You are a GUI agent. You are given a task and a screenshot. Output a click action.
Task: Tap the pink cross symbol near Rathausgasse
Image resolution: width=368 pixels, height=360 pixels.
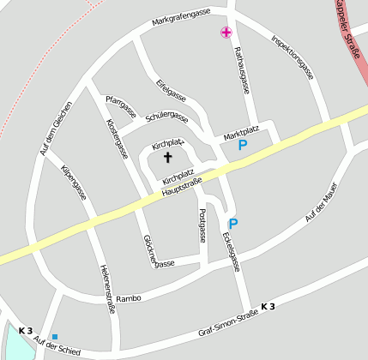point(226,33)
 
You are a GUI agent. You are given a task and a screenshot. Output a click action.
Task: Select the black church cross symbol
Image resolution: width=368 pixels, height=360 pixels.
point(167,157)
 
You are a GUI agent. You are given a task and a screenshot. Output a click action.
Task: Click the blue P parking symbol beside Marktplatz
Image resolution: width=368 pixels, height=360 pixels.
point(243,147)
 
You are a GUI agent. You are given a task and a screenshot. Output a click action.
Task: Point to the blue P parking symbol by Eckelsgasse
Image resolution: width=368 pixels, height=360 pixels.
point(232,224)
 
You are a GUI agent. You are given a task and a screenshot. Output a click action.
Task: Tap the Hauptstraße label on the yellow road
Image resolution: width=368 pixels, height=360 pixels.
point(181,189)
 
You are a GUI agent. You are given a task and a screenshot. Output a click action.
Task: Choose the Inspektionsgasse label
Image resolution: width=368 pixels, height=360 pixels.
point(293,57)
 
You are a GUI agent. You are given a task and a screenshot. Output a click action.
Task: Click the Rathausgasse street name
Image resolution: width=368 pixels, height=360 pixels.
point(242,70)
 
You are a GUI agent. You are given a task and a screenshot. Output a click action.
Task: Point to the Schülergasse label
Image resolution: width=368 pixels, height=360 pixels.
point(166,116)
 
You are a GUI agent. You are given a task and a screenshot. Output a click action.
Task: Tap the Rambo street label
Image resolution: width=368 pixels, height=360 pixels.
point(128,297)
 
